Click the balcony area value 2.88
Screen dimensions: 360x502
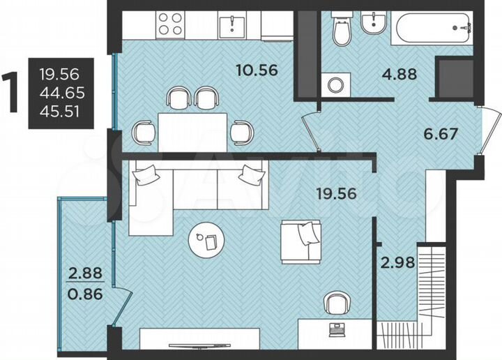tap(85, 273)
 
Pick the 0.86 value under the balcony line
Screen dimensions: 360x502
tap(85, 294)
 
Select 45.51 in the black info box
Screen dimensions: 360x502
tap(59, 111)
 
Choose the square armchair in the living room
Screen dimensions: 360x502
tap(301, 241)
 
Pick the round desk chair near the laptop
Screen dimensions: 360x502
tap(337, 303)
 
